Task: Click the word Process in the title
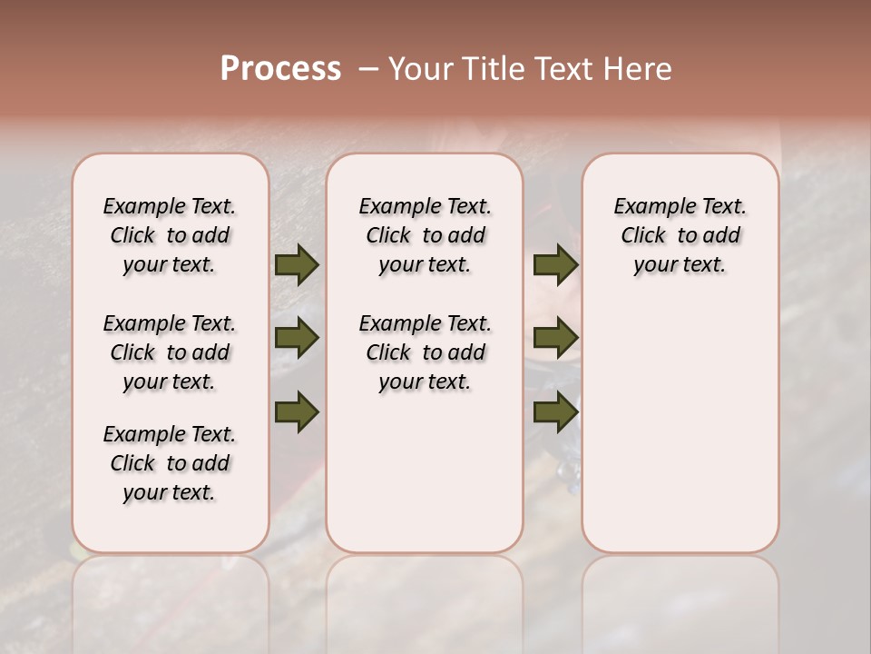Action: pos(280,69)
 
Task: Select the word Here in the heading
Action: pos(639,69)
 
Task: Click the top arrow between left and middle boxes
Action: pos(297,265)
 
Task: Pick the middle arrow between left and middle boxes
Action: pos(297,339)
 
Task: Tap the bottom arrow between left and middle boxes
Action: pos(297,411)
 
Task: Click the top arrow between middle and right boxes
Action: pos(555,265)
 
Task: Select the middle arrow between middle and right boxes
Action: pos(555,339)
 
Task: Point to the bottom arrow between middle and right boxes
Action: pos(555,411)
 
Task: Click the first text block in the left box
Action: pos(170,235)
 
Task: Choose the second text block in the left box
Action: pos(170,352)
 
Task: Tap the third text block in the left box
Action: pos(170,463)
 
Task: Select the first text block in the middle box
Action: pos(426,235)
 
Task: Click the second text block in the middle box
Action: pos(426,352)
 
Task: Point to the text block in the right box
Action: pos(680,235)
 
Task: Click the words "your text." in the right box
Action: pos(680,265)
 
